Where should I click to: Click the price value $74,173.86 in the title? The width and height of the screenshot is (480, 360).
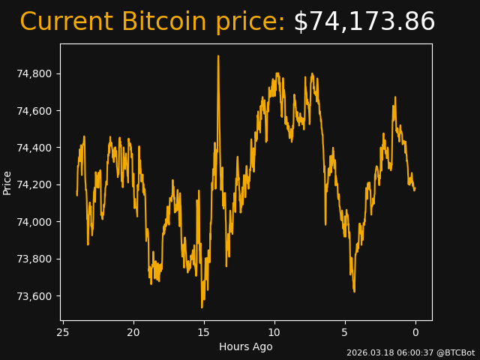[364, 22]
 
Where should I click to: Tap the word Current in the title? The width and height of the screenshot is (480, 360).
[66, 22]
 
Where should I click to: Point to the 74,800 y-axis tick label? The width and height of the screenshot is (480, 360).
[34, 73]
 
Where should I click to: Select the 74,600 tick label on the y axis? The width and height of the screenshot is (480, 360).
[34, 111]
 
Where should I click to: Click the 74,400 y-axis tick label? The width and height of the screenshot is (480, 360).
[34, 148]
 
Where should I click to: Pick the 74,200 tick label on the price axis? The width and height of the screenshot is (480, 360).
[34, 185]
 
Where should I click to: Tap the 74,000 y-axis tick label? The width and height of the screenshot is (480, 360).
[34, 222]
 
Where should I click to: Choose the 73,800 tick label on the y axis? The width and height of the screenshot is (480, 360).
[34, 259]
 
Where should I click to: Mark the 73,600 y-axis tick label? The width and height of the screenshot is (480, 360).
[34, 296]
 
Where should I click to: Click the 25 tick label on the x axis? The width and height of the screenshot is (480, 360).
[63, 332]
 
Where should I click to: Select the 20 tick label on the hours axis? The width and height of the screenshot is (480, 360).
[133, 332]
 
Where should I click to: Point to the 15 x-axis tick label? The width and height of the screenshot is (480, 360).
[204, 332]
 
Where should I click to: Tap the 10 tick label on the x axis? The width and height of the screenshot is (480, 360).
[274, 332]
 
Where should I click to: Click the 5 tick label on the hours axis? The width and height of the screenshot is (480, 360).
[345, 332]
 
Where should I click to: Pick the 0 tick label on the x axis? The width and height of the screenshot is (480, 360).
[415, 332]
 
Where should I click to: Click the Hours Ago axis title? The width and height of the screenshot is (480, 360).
[246, 346]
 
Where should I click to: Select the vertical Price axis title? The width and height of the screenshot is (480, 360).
[7, 182]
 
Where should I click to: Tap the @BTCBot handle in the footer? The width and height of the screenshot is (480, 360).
[455, 352]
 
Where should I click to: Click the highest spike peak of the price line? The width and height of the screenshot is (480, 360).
[218, 56]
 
